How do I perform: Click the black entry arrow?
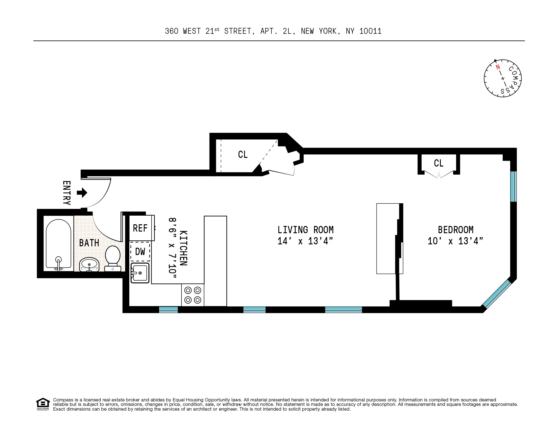click(82, 192)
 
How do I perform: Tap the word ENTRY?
click(67, 193)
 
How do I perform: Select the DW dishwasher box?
click(140, 252)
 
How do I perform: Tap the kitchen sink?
click(140, 273)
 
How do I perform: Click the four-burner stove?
click(193, 295)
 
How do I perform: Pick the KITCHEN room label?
click(183, 248)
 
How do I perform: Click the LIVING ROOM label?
click(305, 230)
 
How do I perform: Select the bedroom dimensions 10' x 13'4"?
click(455, 241)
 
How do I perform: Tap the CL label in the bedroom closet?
click(439, 163)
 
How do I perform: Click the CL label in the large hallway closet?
click(243, 155)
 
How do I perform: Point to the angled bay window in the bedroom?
click(497, 294)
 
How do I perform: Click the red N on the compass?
click(498, 67)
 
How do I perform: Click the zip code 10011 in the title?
click(370, 31)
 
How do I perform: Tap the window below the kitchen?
click(168, 309)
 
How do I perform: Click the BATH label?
click(89, 243)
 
